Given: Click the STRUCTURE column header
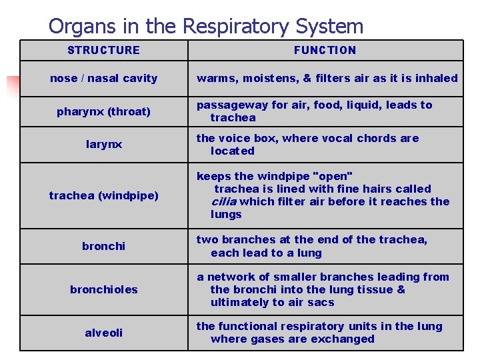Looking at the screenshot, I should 103,50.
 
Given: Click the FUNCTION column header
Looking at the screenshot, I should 325,50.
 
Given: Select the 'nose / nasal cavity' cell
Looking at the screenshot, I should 103,78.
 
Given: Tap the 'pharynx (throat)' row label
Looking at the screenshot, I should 103,111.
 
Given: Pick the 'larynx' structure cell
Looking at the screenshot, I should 103,144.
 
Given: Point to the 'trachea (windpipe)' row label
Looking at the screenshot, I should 103,195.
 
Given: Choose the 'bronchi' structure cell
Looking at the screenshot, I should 103,246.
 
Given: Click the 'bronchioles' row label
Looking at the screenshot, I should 103,289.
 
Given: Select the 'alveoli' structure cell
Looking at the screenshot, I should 103,332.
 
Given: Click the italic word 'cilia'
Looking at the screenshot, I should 224,201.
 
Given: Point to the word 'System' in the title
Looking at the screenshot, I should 332,27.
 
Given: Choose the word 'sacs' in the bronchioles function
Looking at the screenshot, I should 321,302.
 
